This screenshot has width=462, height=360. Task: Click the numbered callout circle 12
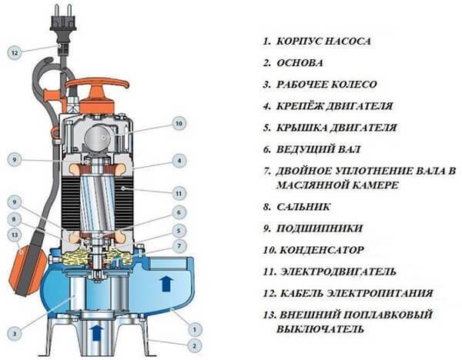click(15, 52)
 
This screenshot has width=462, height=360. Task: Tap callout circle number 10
click(179, 123)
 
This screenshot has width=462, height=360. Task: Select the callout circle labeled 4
click(179, 161)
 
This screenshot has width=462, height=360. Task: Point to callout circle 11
click(179, 194)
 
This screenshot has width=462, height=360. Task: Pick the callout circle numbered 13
click(15, 235)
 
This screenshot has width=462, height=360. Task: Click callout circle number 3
click(15, 334)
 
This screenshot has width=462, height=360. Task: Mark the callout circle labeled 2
click(194, 345)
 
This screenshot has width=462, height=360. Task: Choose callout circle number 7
click(179, 246)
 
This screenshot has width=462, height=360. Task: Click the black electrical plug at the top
click(63, 22)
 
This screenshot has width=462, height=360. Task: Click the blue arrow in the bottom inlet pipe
click(98, 332)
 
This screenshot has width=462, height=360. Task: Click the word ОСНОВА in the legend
click(300, 63)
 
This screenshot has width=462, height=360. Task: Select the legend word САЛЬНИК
click(303, 207)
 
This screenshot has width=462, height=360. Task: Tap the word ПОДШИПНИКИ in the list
click(320, 228)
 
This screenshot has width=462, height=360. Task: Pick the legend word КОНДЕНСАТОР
click(321, 250)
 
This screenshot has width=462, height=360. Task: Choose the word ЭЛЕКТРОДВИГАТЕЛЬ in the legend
click(338, 272)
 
